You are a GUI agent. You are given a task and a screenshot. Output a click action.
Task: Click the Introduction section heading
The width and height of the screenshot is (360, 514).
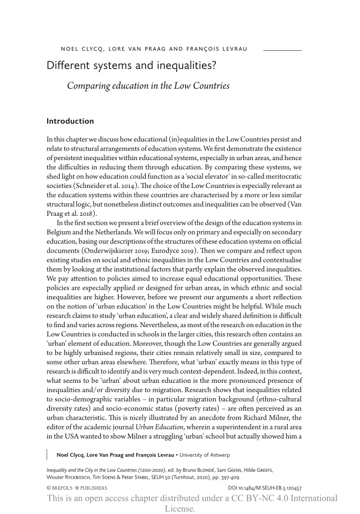click(x=70, y=122)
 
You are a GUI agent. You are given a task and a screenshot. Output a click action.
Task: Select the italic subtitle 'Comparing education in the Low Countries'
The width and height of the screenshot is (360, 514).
click(x=148, y=86)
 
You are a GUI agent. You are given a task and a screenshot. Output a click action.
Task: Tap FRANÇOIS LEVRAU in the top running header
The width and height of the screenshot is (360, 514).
click(x=217, y=49)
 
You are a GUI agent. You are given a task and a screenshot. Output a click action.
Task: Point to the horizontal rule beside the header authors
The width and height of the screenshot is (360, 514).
click(x=282, y=50)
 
